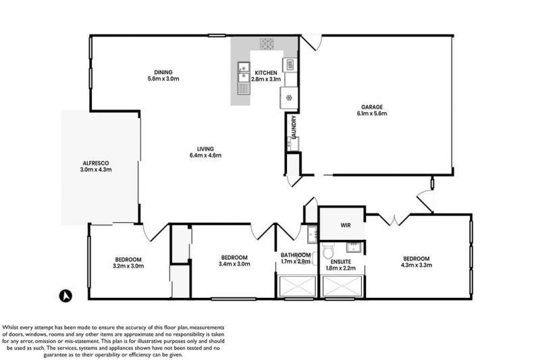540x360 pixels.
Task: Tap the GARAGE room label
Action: click(371, 107)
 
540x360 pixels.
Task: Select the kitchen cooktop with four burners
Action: click(268, 44)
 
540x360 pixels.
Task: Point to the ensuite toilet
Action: click(329, 253)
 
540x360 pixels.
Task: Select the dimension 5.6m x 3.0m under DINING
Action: click(163, 79)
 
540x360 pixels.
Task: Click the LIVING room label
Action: click(205, 149)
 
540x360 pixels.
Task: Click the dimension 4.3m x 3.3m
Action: click(416, 266)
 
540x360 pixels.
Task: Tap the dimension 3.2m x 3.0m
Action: click(127, 266)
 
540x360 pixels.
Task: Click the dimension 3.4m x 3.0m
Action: click(234, 265)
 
